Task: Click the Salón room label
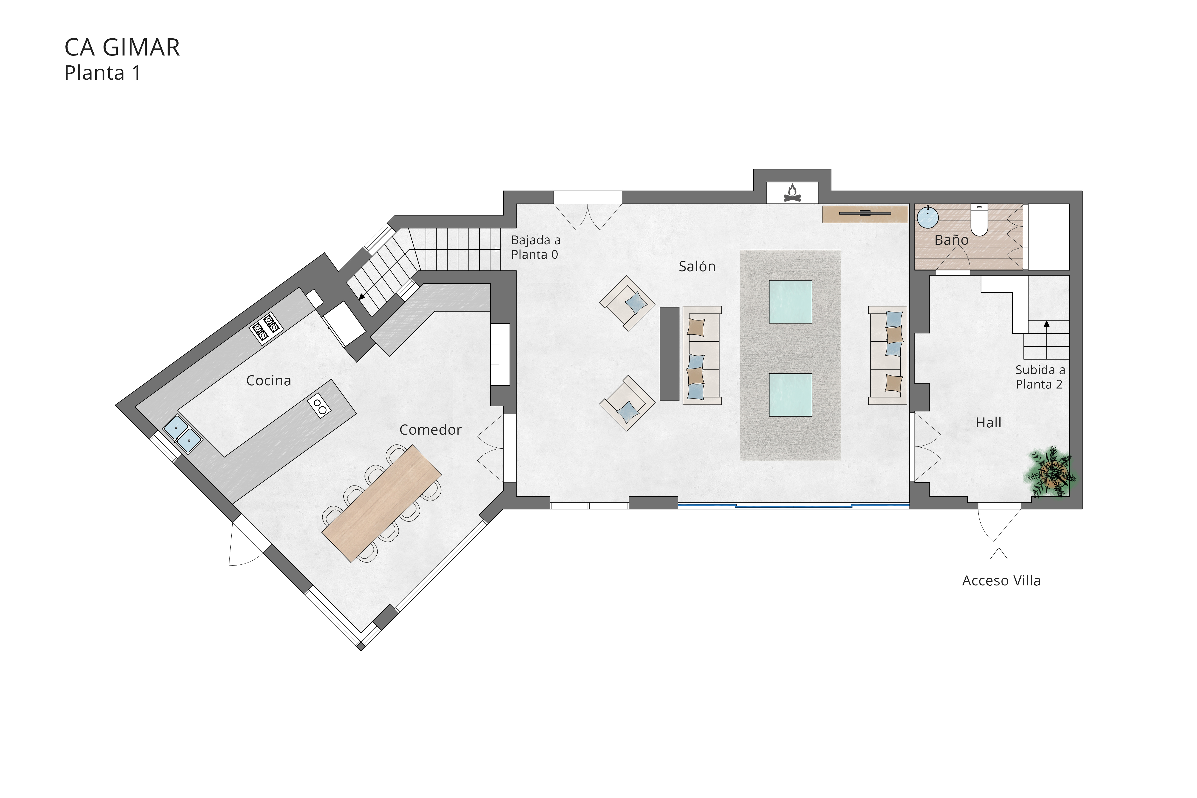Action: click(697, 266)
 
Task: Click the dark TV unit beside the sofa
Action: click(669, 354)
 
